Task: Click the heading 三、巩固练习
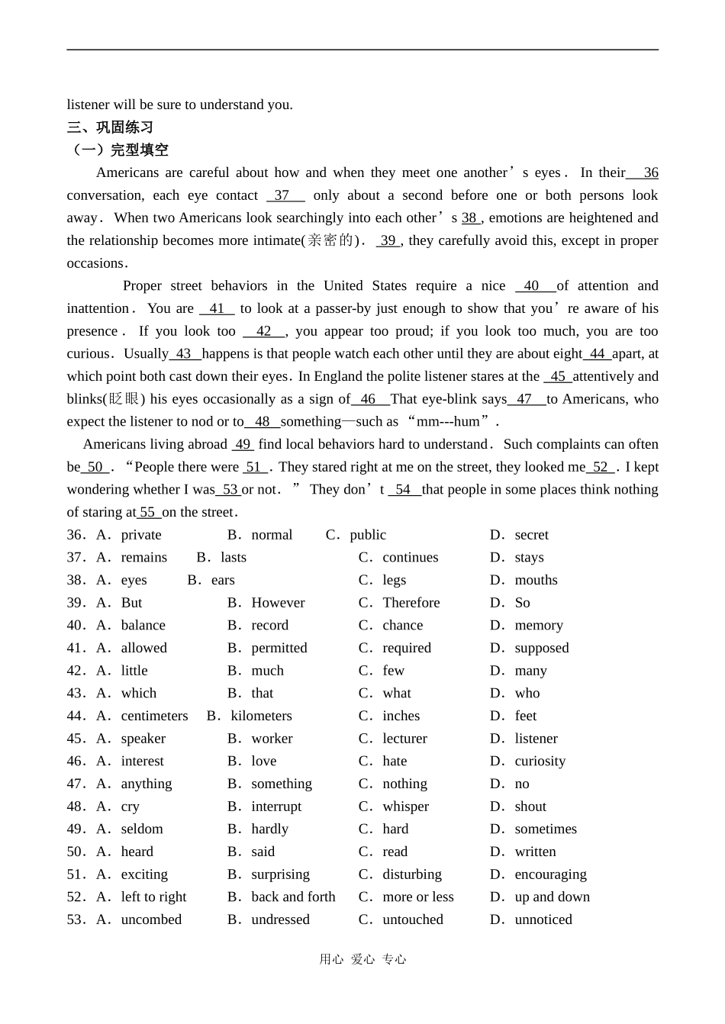point(110,127)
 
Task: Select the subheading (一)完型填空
point(118,150)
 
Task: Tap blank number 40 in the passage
point(532,286)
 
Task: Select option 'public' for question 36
point(367,535)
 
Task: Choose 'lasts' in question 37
point(233,558)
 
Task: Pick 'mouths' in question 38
point(536,581)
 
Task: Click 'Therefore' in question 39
point(411,603)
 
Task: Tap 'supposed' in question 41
point(541,649)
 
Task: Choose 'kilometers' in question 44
point(261,716)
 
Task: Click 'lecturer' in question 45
point(404,739)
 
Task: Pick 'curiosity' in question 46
point(540,762)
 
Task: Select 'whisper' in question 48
point(405,807)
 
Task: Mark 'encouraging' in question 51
point(550,874)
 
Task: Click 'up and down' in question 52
point(552,897)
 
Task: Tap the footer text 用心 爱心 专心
point(362,960)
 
